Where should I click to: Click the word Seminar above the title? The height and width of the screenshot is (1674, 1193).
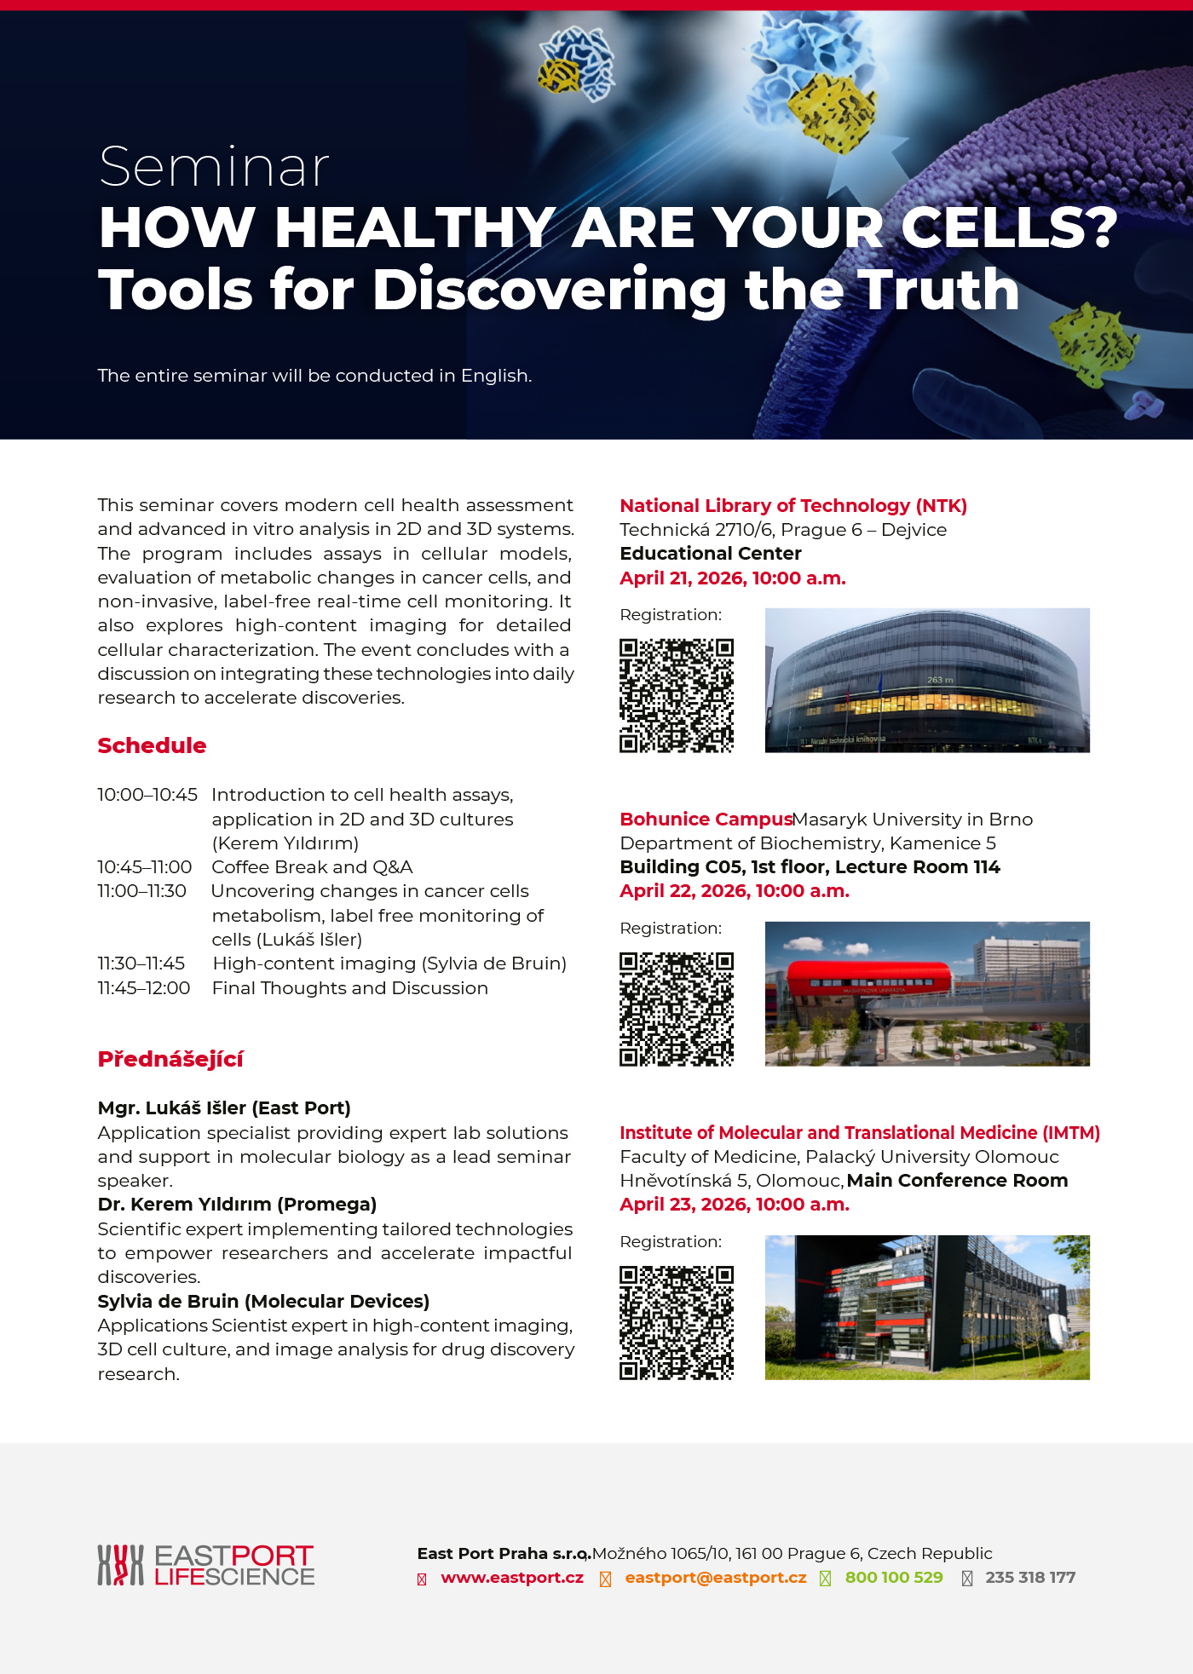click(214, 167)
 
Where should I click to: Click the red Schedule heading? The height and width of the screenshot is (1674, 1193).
click(152, 745)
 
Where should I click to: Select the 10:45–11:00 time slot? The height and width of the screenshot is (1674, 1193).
click(145, 867)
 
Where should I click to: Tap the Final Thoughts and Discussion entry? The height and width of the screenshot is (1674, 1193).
click(349, 988)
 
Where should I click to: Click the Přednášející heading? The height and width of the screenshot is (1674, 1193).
click(170, 1059)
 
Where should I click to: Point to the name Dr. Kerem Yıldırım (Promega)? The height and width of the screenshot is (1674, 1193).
click(237, 1205)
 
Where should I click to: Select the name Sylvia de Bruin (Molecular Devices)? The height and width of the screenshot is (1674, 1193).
click(263, 1302)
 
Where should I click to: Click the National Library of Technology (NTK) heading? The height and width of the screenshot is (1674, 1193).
click(793, 506)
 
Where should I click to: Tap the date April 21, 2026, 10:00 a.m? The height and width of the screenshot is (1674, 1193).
click(733, 578)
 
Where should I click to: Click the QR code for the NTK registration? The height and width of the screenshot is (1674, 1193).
click(677, 696)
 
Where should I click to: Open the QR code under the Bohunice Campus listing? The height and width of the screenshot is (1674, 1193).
click(677, 1010)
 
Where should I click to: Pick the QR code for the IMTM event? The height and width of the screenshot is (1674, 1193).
click(677, 1323)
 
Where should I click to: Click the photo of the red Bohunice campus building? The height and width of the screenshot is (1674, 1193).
click(927, 993)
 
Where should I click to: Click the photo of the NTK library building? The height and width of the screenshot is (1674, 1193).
click(927, 680)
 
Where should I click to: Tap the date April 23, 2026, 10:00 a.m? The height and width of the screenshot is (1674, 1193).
click(735, 1205)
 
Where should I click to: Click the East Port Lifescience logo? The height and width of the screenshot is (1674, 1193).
click(206, 1566)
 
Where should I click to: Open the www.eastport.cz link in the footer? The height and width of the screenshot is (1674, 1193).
click(512, 1578)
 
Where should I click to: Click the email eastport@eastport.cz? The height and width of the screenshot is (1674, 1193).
click(716, 1578)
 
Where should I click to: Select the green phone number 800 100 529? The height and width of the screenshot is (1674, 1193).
click(894, 1578)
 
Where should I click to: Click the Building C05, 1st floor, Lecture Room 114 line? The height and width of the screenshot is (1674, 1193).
click(810, 867)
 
